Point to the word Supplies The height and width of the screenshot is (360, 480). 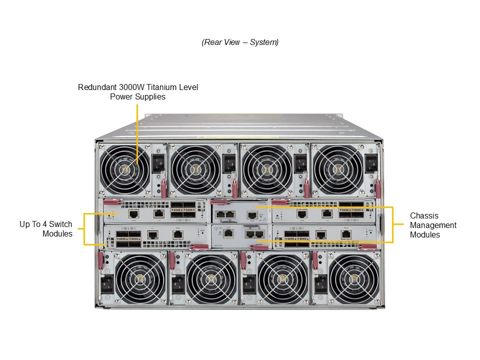pos(150,97)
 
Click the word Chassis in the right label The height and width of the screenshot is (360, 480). pos(424,216)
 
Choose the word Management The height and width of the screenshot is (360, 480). pos(433,225)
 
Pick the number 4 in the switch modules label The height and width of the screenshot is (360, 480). pos(44,224)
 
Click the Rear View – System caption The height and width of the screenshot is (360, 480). pos(240,42)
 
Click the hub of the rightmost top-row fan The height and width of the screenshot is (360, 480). pos(337,169)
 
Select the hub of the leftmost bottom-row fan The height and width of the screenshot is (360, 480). pos(140,278)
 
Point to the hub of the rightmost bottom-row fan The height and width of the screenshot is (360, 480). pos(353,278)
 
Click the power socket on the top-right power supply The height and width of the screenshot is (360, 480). pos(371,163)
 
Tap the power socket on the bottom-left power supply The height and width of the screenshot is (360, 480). pos(107,284)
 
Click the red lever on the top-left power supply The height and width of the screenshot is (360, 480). pos(164,189)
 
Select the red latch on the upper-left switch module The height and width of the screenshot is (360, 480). pos(112,201)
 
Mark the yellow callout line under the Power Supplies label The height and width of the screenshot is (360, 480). pos(137,134)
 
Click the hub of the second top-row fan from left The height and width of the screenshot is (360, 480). pos(195,169)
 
